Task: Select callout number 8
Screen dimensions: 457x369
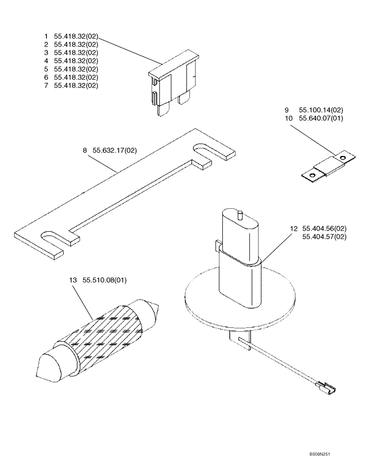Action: pyautogui.click(x=85, y=149)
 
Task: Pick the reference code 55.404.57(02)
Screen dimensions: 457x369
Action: pyautogui.click(x=324, y=237)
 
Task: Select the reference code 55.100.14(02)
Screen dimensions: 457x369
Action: pyautogui.click(x=321, y=110)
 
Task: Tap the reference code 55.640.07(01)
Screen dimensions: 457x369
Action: pyautogui.click(x=321, y=118)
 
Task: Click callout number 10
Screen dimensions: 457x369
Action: pyautogui.click(x=288, y=118)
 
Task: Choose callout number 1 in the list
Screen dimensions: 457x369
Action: pyautogui.click(x=46, y=36)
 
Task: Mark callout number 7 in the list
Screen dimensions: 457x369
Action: pyautogui.click(x=46, y=85)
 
